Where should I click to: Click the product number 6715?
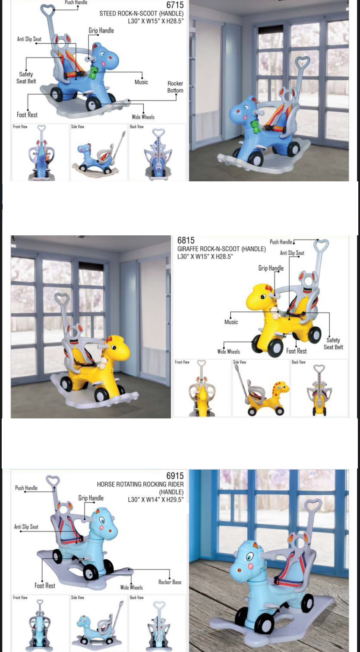pyautogui.click(x=175, y=5)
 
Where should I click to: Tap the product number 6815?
pyautogui.click(x=186, y=241)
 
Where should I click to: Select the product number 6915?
pyautogui.click(x=175, y=475)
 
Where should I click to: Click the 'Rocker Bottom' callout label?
pyautogui.click(x=175, y=87)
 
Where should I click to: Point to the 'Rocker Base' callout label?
pyautogui.click(x=170, y=582)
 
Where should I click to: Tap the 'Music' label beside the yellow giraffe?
pyautogui.click(x=231, y=322)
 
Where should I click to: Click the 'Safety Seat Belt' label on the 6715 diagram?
pyautogui.click(x=26, y=78)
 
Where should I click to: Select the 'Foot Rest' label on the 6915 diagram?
pyautogui.click(x=45, y=586)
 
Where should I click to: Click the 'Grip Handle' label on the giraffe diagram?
pyautogui.click(x=271, y=268)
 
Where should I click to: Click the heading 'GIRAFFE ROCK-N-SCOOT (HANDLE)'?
pyautogui.click(x=221, y=249)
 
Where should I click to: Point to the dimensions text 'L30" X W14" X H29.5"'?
pyautogui.click(x=156, y=500)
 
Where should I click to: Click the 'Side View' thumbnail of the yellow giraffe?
pyautogui.click(x=261, y=388)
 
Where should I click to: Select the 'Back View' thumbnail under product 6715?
pyautogui.click(x=157, y=152)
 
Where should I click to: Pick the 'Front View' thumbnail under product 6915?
pyautogui.click(x=40, y=624)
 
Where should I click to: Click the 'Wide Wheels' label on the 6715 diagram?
pyautogui.click(x=143, y=117)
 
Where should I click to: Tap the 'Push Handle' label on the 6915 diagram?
pyautogui.click(x=26, y=488)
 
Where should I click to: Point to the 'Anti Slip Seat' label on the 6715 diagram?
pyautogui.click(x=29, y=39)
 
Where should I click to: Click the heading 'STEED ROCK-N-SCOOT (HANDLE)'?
pyautogui.click(x=142, y=13)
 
